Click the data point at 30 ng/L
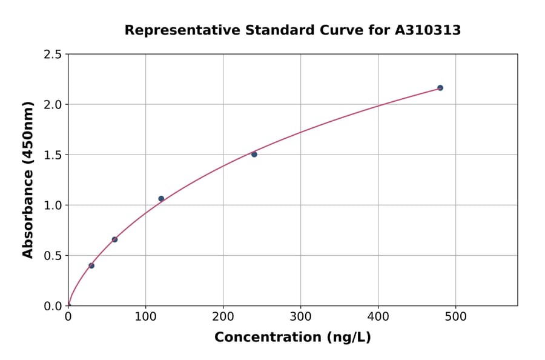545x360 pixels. click(91, 265)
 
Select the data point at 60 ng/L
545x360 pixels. click(114, 239)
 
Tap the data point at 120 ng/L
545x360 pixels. click(161, 199)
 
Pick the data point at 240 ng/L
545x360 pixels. click(254, 155)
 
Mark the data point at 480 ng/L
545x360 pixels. click(440, 88)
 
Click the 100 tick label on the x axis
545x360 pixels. click(145, 316)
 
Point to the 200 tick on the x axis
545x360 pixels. click(223, 316)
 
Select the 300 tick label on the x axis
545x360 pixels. click(300, 316)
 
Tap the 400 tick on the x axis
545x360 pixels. click(378, 316)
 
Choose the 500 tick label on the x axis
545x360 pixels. click(455, 316)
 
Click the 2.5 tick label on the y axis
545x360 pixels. click(53, 55)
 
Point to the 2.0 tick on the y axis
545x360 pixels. click(53, 105)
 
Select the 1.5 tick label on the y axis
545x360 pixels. click(53, 155)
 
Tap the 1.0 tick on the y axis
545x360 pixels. click(53, 205)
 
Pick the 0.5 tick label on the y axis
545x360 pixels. click(53, 256)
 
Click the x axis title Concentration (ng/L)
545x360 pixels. click(292, 337)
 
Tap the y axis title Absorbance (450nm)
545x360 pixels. click(28, 179)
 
